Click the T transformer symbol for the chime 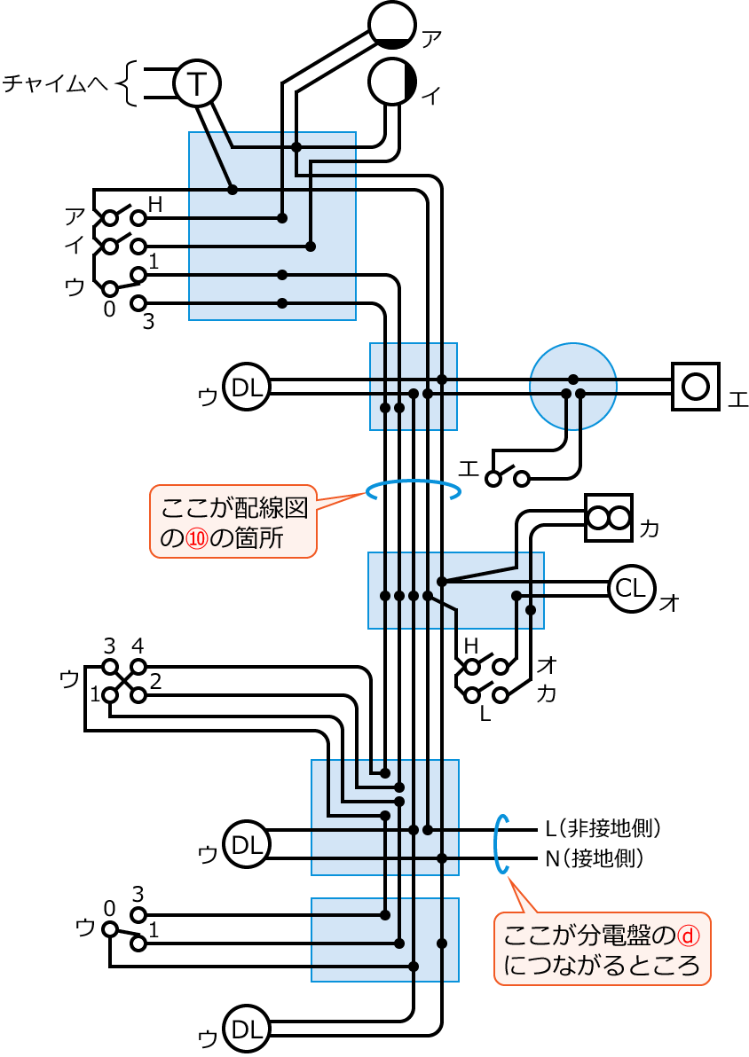196,83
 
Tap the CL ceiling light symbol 631,589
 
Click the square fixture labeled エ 695,386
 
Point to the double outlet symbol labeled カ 609,518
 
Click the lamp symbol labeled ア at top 392,24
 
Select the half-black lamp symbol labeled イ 392,82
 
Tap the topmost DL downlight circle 246,387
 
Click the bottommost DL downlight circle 246,1029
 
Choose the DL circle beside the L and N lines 246,844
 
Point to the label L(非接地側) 603,829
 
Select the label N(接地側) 594,858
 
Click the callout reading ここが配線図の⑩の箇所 233,521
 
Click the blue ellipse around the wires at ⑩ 414,490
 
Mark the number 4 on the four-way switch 138,645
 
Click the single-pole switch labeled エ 507,478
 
